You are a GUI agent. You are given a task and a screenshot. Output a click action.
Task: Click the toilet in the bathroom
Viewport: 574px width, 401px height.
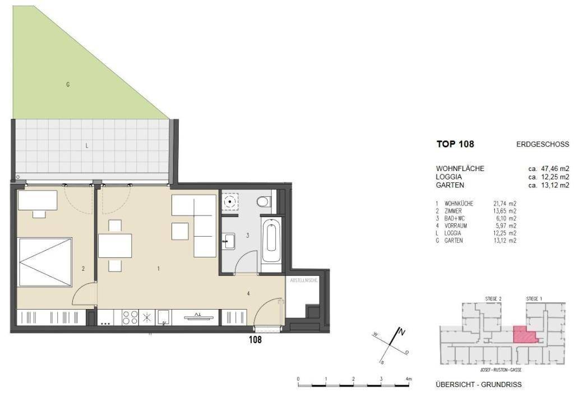pyautogui.click(x=263, y=202)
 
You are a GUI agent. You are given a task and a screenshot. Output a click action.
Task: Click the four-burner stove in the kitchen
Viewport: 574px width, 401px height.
pyautogui.click(x=130, y=317)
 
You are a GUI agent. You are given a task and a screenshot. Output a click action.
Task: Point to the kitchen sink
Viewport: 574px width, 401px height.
pyautogui.click(x=164, y=317)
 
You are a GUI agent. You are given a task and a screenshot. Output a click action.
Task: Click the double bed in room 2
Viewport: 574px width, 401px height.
pyautogui.click(x=45, y=262)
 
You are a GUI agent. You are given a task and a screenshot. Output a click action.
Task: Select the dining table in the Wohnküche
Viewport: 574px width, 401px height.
pyautogui.click(x=115, y=245)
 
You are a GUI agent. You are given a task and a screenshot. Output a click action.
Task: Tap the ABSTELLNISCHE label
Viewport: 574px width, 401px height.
pyautogui.click(x=303, y=280)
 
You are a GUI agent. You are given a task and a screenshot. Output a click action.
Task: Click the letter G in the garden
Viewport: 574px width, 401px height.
pyautogui.click(x=68, y=85)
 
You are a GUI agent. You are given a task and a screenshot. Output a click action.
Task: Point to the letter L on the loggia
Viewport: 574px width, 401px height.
pyautogui.click(x=87, y=146)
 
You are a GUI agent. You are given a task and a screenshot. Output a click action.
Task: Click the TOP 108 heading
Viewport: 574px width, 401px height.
pyautogui.click(x=455, y=144)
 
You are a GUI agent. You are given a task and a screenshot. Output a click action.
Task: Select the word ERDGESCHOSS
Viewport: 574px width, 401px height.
pyautogui.click(x=543, y=144)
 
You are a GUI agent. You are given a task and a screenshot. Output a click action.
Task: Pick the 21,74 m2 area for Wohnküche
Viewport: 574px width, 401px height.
pyautogui.click(x=505, y=204)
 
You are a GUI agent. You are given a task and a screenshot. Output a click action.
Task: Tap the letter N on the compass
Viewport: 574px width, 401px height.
pyautogui.click(x=401, y=333)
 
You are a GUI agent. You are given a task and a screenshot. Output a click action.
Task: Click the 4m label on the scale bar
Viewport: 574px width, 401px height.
pyautogui.click(x=409, y=379)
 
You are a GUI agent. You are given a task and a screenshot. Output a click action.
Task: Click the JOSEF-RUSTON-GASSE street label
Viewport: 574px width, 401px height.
pyautogui.click(x=501, y=370)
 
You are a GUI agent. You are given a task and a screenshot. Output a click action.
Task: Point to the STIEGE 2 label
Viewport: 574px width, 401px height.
pyautogui.click(x=493, y=299)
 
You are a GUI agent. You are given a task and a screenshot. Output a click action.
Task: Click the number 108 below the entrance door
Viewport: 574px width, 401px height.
pyautogui.click(x=255, y=339)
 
